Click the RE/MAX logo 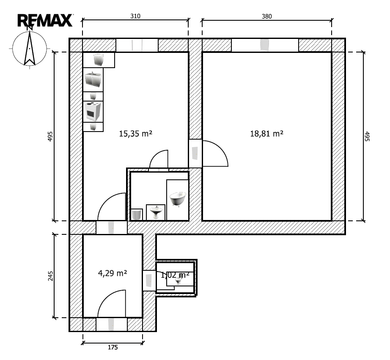tap(45, 20)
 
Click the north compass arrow tap(30, 47)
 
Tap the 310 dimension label tap(135, 16)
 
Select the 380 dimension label tap(266, 16)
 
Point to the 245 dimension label tap(50, 276)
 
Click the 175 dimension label tap(113, 347)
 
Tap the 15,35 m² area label tap(135, 134)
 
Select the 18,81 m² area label tap(266, 134)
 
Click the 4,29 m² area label tap(113, 273)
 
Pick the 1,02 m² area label tap(175, 275)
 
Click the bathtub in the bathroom tap(178, 199)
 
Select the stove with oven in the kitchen tap(93, 111)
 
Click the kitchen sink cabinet tap(93, 80)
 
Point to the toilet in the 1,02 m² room tap(179, 280)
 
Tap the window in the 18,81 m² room tap(265, 45)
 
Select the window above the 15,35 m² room tap(137, 45)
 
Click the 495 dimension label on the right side tap(367, 136)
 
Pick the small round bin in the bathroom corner tap(137, 214)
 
